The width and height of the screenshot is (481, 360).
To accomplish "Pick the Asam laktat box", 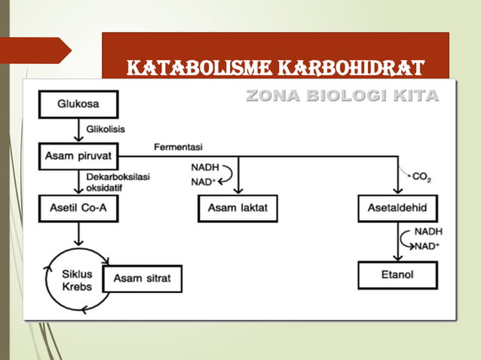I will point(237,209).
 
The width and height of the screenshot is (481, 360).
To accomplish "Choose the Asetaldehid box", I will point(397,209).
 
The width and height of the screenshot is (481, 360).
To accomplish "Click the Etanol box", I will point(397,275).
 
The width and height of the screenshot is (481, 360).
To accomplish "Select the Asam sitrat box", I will point(142,278).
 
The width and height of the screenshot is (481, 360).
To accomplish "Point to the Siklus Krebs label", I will point(76,281).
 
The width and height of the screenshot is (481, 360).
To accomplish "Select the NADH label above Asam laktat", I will point(204,169).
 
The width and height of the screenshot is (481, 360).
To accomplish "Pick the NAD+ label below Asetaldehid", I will point(427,246).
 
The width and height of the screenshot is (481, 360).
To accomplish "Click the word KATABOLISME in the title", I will point(191,69).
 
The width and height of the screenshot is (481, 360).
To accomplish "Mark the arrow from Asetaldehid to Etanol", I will point(397,243).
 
